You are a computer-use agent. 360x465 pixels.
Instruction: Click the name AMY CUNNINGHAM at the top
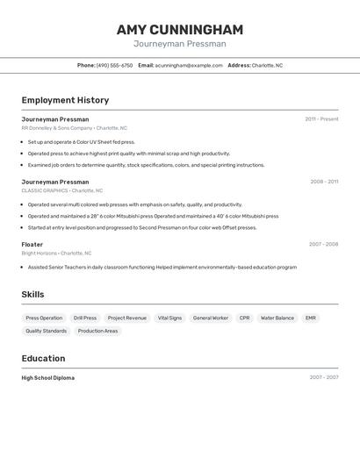[179, 29]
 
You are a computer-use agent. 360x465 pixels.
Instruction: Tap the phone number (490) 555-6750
[114, 65]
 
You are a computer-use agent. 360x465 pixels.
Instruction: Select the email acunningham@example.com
[189, 65]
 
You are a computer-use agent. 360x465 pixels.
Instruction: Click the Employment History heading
[65, 100]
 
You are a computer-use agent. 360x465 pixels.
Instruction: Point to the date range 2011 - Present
[321, 118]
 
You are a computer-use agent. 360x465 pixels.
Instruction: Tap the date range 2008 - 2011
[324, 182]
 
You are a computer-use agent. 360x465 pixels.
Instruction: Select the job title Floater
[32, 244]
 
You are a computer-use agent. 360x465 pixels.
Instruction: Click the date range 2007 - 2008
[323, 244]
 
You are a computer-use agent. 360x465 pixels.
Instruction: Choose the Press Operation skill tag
[44, 318]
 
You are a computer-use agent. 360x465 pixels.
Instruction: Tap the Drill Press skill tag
[85, 318]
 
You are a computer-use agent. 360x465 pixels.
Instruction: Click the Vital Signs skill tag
[169, 318]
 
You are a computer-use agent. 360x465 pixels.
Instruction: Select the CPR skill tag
[244, 318]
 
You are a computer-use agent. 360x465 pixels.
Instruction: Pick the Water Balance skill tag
[277, 318]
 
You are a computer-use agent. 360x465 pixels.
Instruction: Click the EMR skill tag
[311, 318]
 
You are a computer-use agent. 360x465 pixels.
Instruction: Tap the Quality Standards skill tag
[46, 331]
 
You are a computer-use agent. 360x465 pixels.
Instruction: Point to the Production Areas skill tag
[97, 331]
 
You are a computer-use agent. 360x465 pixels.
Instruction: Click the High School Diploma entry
[48, 377]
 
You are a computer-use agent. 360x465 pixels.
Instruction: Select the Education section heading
[43, 358]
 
